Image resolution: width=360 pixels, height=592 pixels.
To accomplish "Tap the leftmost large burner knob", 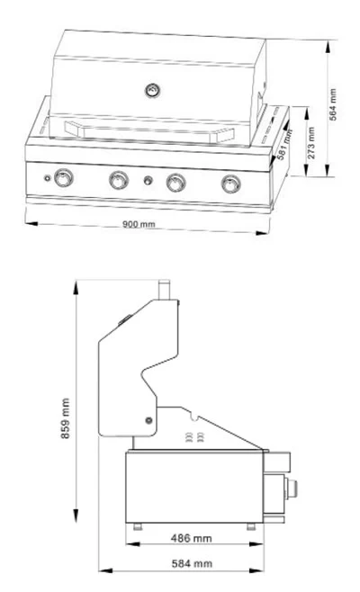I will (x=64, y=179).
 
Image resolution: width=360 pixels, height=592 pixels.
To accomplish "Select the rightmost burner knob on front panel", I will (x=230, y=184).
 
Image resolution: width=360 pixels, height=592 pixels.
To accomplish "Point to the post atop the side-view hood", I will (x=165, y=288).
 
